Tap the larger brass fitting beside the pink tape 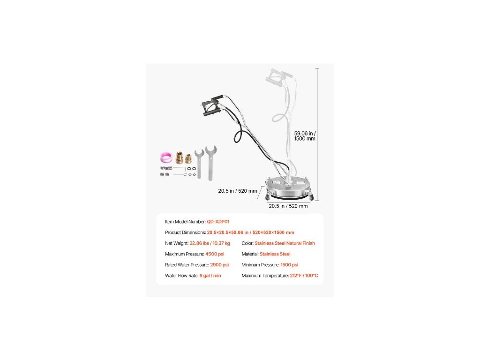pos(180,157)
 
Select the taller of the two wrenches pos(210,162)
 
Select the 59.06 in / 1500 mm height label pos(304,135)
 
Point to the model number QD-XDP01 pos(218,222)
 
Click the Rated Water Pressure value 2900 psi pos(219,265)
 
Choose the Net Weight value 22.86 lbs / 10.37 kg pos(210,243)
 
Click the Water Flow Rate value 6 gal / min pos(210,276)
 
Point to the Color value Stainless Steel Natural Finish pos(285,243)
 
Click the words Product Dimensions pos(185,232)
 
